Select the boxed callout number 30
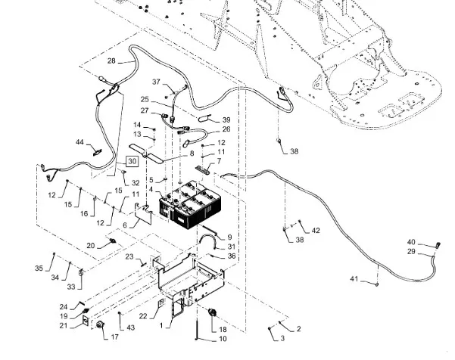(132, 161)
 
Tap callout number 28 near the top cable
(111, 61)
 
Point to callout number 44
(79, 143)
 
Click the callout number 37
(157, 82)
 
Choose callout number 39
(225, 119)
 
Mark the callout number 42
(316, 230)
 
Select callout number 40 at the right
(412, 242)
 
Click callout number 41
(355, 280)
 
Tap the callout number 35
(39, 268)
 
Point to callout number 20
(91, 246)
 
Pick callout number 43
(130, 327)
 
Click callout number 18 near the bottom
(222, 330)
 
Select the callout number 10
(222, 340)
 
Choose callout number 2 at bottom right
(298, 328)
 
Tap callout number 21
(84, 326)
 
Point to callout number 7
(219, 161)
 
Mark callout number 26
(226, 129)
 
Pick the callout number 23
(129, 258)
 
